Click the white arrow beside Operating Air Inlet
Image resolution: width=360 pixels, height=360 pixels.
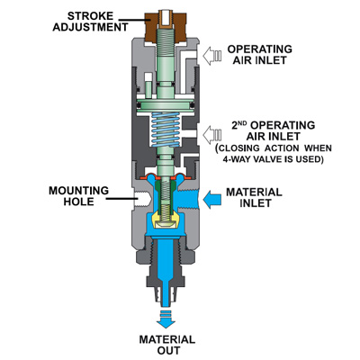211,56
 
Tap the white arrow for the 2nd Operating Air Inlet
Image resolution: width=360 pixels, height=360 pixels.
211,134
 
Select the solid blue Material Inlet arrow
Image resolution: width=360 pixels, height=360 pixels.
212,199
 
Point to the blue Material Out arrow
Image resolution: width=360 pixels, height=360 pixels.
166,319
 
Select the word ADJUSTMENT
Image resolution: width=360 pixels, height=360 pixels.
90,27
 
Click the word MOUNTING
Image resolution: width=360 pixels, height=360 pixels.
78,191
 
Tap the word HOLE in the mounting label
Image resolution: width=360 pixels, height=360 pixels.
78,202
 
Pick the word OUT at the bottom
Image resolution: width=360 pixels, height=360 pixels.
168,350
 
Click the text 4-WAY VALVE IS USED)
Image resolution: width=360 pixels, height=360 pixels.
273,159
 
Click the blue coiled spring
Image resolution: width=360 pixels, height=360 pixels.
166,130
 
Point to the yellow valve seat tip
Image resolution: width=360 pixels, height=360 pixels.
165,222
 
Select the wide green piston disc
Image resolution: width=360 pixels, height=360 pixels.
165,105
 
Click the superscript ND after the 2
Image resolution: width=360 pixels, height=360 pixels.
245,122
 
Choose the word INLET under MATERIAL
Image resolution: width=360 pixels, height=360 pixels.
256,203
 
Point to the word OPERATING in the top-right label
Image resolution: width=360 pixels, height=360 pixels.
260,49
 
